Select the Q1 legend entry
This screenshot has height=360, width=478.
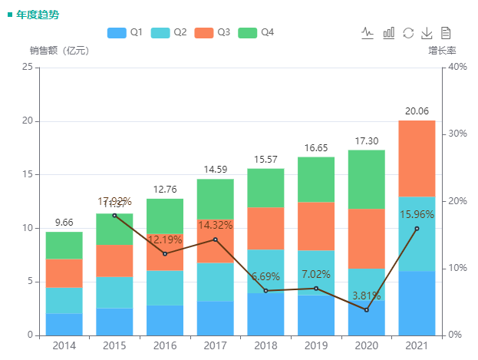[125, 33]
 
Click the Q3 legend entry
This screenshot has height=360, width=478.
[213, 33]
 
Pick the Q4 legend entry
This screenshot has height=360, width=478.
[256, 33]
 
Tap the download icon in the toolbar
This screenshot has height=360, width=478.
[427, 33]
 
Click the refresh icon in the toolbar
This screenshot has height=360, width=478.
[408, 33]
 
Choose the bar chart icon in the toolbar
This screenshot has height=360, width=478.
[389, 33]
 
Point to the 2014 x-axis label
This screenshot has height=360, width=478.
[64, 346]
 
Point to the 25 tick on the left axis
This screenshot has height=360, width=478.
[28, 68]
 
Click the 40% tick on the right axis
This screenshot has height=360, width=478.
[457, 68]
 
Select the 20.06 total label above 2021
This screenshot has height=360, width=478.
[417, 111]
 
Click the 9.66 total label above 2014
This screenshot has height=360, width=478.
[64, 223]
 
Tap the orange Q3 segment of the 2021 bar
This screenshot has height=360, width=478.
[417, 157]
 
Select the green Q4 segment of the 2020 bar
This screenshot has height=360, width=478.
[366, 179]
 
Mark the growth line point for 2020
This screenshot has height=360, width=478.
[366, 309]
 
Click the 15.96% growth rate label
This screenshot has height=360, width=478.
[417, 215]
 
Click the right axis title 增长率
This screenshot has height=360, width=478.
[442, 51]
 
